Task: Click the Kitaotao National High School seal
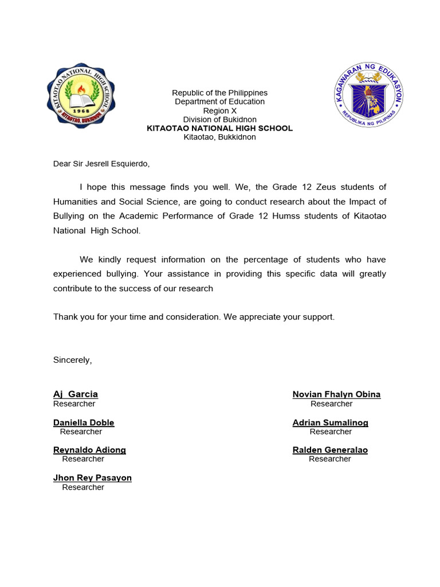(x=80, y=95)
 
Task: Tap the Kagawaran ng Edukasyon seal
(x=368, y=94)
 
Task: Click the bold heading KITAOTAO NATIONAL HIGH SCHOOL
(x=219, y=128)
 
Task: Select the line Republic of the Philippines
(x=219, y=93)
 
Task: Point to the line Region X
(x=219, y=111)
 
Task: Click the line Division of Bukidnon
(x=219, y=120)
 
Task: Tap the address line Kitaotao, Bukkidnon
(x=219, y=137)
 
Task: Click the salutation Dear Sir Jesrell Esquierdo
(x=101, y=164)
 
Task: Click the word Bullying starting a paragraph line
(x=69, y=216)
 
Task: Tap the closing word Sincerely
(x=72, y=360)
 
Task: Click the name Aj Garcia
(x=76, y=394)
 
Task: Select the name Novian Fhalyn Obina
(x=336, y=394)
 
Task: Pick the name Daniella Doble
(x=84, y=422)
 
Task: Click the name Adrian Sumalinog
(x=330, y=422)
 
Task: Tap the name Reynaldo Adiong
(x=89, y=450)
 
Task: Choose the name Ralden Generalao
(x=330, y=450)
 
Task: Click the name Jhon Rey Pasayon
(x=92, y=478)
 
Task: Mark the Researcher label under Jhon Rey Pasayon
(x=83, y=487)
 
